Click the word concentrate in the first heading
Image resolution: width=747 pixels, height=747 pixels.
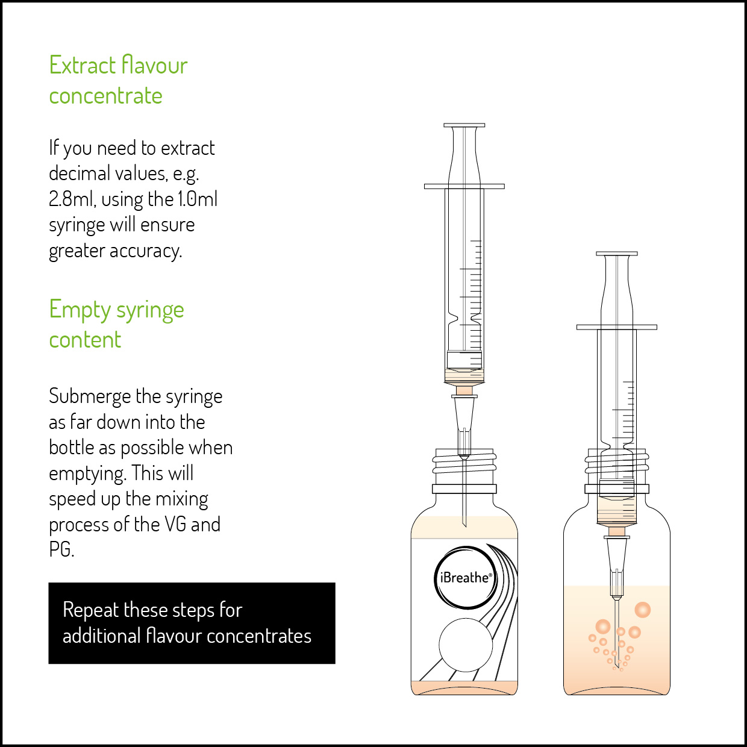105,96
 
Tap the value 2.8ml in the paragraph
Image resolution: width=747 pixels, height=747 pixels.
71,199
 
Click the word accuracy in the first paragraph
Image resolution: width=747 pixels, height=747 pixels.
146,251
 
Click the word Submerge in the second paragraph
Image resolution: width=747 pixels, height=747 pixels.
90,397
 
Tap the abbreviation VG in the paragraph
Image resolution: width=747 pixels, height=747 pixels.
175,525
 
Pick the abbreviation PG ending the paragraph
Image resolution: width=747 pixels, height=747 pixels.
61,549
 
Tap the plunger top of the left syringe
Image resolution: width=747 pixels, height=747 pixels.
464,125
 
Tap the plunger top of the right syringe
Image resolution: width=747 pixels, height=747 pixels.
617,254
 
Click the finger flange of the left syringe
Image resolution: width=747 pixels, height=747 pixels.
464,187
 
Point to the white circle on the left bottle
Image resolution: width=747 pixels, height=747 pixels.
466,645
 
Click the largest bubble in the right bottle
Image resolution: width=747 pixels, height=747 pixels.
642,610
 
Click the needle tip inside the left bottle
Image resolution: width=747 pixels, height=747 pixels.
465,527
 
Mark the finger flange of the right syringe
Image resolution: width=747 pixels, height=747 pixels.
617,327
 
